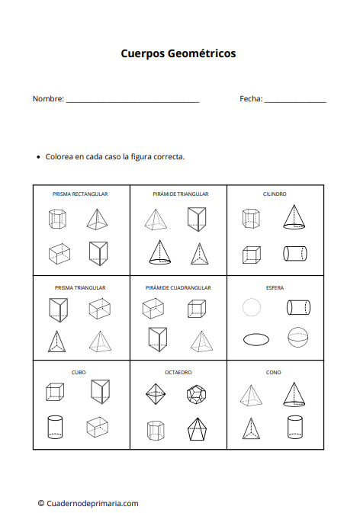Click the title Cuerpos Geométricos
[178, 53]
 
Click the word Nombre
[47, 99]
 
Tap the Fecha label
[250, 99]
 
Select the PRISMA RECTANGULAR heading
[80, 194]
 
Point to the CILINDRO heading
[275, 194]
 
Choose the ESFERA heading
[275, 287]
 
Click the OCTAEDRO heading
[178, 373]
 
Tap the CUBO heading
[79, 373]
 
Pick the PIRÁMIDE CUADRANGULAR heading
[178, 287]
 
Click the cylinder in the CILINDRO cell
[294, 253]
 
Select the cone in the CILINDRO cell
[294, 217]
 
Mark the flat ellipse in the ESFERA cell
[256, 338]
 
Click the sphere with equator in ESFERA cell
[297, 337]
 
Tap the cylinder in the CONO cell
[294, 428]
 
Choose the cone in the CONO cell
[294, 393]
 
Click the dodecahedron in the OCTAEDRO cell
[197, 394]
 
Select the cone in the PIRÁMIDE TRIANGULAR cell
[159, 252]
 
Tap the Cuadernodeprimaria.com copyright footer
[88, 503]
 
